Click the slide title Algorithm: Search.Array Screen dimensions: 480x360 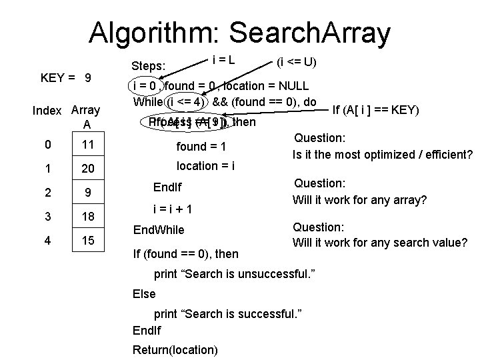click(239, 31)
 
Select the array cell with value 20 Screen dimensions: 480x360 click(88, 169)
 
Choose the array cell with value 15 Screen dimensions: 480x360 click(88, 239)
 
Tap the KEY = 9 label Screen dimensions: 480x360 click(65, 78)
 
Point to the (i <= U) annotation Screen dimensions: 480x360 click(297, 63)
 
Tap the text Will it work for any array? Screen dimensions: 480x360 click(359, 200)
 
